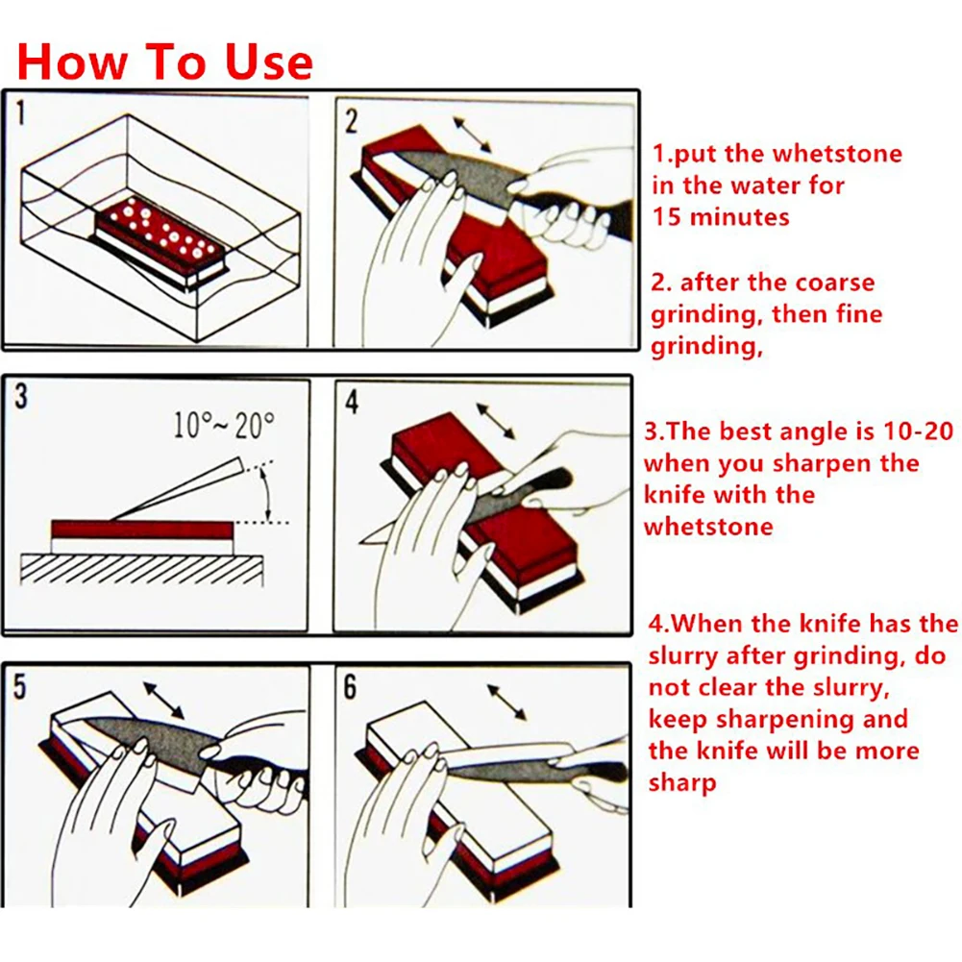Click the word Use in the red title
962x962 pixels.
(269, 62)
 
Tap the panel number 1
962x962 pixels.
(21, 113)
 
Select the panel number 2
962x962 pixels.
(351, 121)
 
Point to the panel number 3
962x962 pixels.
(21, 396)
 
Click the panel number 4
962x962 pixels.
(352, 402)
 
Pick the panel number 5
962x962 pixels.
(20, 686)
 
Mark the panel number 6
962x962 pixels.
(350, 686)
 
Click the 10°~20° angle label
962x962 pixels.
(223, 425)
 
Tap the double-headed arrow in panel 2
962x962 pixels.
(473, 135)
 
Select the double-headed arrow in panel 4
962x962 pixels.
(496, 421)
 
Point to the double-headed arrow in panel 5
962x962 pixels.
(163, 700)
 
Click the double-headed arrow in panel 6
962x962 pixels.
(506, 703)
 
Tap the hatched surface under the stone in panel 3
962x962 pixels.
(141, 569)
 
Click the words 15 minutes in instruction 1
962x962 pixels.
(720, 217)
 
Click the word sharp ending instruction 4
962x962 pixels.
(682, 784)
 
